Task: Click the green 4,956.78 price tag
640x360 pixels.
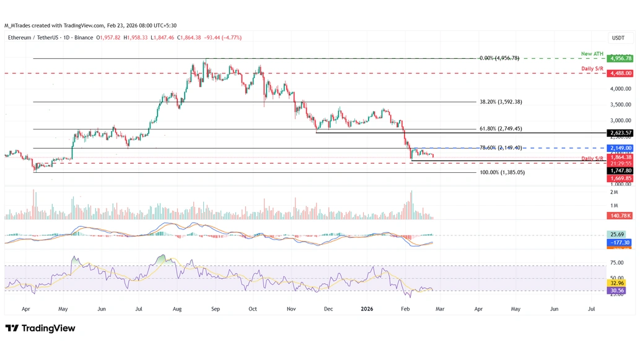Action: [x=620, y=58]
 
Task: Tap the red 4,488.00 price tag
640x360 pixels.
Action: [x=620, y=73]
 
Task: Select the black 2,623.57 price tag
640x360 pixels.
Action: [x=620, y=133]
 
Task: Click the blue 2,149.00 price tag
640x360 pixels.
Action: [x=620, y=148]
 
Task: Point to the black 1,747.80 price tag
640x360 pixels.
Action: [x=620, y=170]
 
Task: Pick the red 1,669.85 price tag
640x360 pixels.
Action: [x=620, y=178]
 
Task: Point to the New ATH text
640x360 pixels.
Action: [x=592, y=54]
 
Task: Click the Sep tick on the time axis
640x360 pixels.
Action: [x=215, y=308]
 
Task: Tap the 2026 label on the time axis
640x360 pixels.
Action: [x=366, y=308]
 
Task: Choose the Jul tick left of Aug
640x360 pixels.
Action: [x=139, y=308]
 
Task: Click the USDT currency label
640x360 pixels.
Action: [x=618, y=38]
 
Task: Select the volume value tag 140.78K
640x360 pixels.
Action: [x=620, y=216]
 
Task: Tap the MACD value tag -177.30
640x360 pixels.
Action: [x=620, y=242]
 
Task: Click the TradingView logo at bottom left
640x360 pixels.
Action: [x=40, y=328]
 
